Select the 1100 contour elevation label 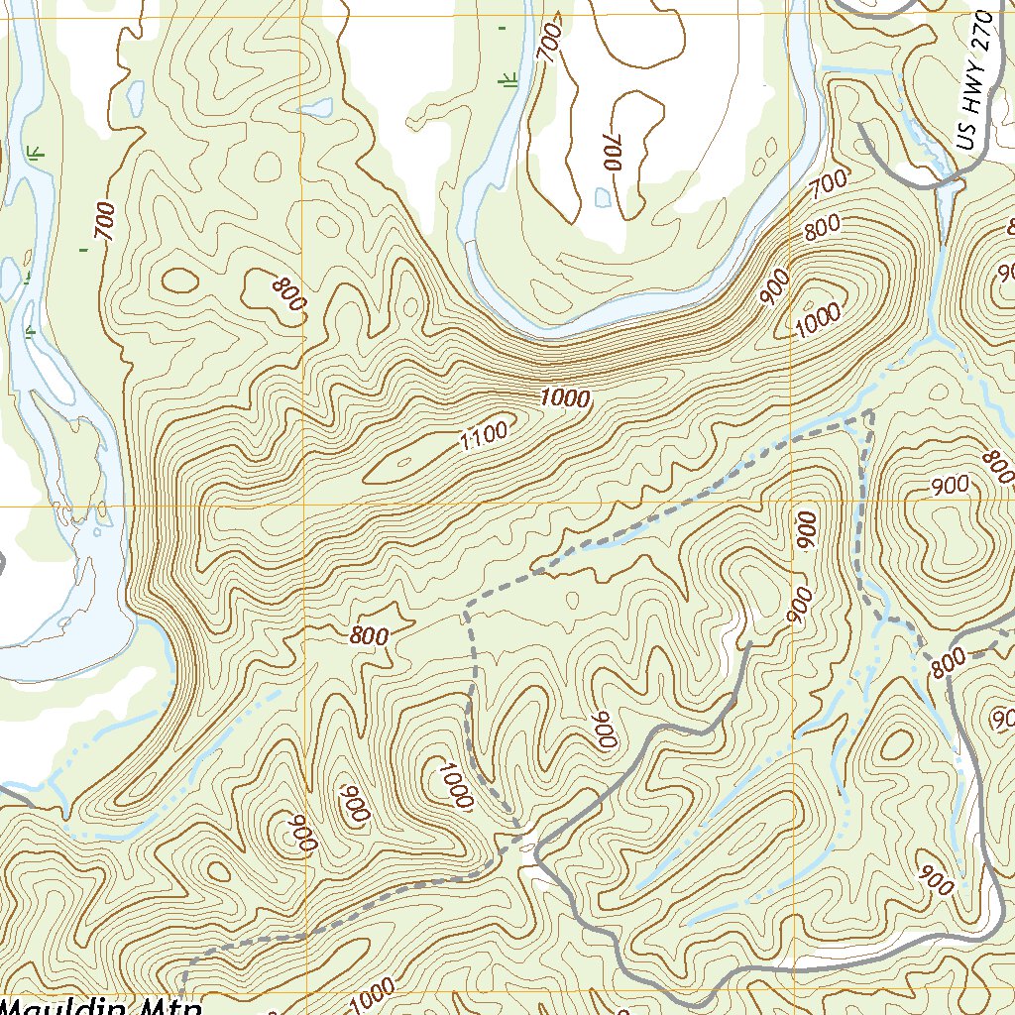484,433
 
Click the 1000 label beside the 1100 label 566,398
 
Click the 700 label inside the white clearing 613,153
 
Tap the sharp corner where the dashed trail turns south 869,411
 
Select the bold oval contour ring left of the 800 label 179,281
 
